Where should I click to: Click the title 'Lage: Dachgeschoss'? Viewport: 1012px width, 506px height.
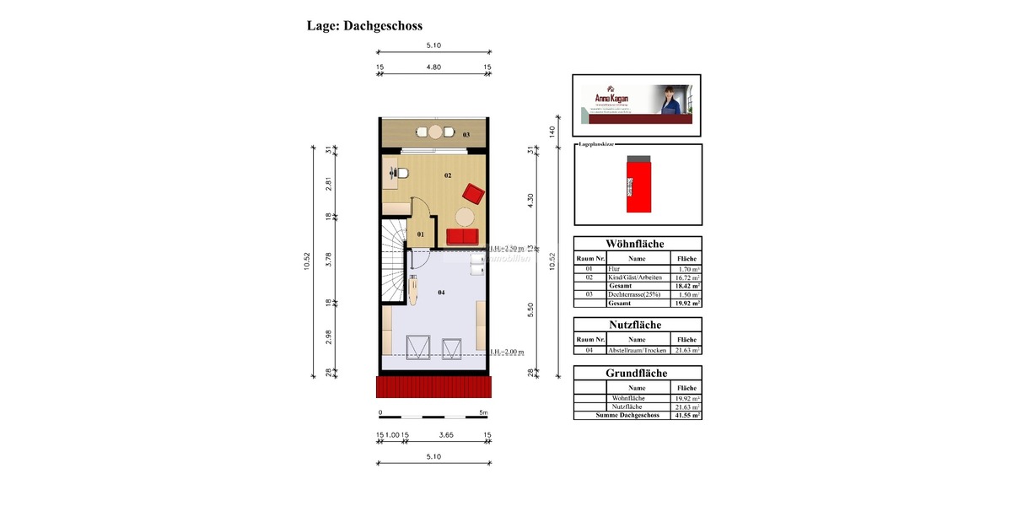pyautogui.click(x=364, y=26)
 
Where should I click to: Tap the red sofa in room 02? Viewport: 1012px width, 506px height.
pyautogui.click(x=461, y=237)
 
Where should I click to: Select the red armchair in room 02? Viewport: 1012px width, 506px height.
pyautogui.click(x=472, y=195)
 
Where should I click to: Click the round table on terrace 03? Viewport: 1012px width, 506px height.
pyautogui.click(x=435, y=132)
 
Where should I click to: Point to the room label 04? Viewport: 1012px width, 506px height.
pyautogui.click(x=441, y=292)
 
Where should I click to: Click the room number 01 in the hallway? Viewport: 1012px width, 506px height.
pyautogui.click(x=422, y=234)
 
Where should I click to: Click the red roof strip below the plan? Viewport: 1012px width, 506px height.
pyautogui.click(x=433, y=387)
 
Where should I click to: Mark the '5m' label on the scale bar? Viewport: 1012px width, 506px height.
pyautogui.click(x=482, y=413)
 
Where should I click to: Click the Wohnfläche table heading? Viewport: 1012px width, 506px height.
pyautogui.click(x=637, y=243)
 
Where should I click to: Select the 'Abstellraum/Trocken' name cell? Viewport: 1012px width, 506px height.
pyautogui.click(x=637, y=350)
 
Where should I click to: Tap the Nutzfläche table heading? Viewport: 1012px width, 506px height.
pyautogui.click(x=637, y=325)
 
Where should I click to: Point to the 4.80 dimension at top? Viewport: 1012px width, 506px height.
pyautogui.click(x=433, y=67)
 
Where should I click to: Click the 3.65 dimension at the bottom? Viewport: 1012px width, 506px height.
pyautogui.click(x=448, y=435)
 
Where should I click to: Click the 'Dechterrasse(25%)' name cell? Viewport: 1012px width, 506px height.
pyautogui.click(x=637, y=294)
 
